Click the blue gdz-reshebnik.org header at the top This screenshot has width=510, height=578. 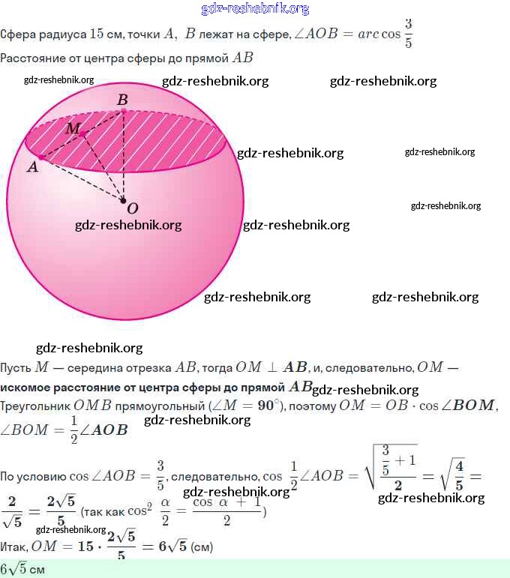pos(255,9)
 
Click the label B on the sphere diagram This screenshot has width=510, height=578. pos(122,99)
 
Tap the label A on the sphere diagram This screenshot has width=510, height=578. pos(32,167)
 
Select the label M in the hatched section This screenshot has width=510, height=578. pos(72,128)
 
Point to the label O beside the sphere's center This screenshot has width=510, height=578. pos(132,208)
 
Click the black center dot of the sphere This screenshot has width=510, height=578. pos(123,201)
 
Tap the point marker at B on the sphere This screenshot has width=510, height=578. pos(123,110)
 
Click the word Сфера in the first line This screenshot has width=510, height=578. pos(16,34)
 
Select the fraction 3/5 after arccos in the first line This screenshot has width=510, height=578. pos(408,34)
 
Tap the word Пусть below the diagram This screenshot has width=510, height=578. pos(16,367)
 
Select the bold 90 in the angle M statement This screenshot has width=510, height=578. pos(266,406)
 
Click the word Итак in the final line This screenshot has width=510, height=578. pos(15,547)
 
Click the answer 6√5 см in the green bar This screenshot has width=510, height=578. pos(22,569)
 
